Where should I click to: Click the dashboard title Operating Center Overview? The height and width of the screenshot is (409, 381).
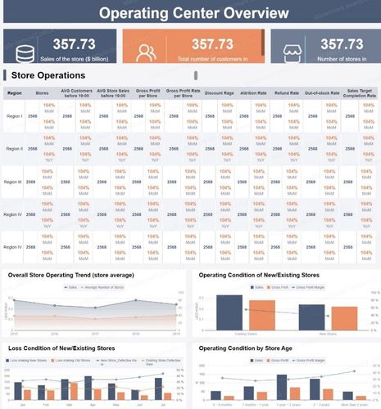coord(190,14)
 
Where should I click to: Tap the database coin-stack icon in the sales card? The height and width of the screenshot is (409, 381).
coord(25,51)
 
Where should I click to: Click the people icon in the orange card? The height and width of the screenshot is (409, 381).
coord(147,51)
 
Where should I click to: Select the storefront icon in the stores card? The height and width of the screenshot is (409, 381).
coord(292,51)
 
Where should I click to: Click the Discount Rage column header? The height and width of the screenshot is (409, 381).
coord(219,93)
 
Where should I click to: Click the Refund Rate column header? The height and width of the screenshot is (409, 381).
coord(287,93)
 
